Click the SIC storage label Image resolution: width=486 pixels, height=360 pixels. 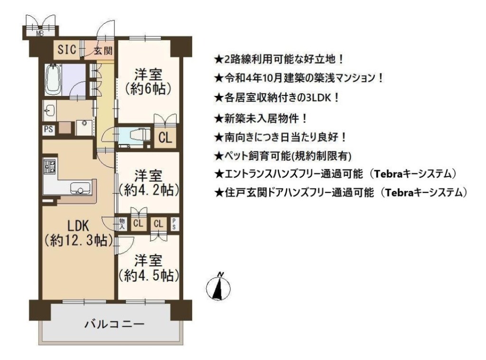[67, 49]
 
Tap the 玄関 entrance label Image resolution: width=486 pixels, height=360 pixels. [103, 50]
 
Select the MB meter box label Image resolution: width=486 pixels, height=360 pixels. [40, 34]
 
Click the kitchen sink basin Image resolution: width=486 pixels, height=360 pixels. [80, 188]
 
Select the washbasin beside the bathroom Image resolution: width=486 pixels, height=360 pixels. [49, 111]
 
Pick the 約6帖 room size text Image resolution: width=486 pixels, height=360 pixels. [148, 89]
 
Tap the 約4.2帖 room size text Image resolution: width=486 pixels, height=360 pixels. [149, 190]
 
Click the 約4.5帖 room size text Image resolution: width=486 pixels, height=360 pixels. [149, 275]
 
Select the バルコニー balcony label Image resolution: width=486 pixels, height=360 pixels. [114, 324]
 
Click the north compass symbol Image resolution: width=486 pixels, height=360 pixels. [218, 287]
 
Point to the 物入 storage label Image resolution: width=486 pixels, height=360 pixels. [122, 224]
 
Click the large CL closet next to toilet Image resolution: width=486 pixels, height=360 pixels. [165, 137]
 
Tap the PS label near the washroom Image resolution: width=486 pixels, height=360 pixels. [48, 129]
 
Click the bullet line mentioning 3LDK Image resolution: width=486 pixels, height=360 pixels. [277, 98]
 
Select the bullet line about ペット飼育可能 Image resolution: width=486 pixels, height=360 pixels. [283, 156]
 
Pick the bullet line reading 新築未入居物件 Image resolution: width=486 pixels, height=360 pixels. [261, 118]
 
